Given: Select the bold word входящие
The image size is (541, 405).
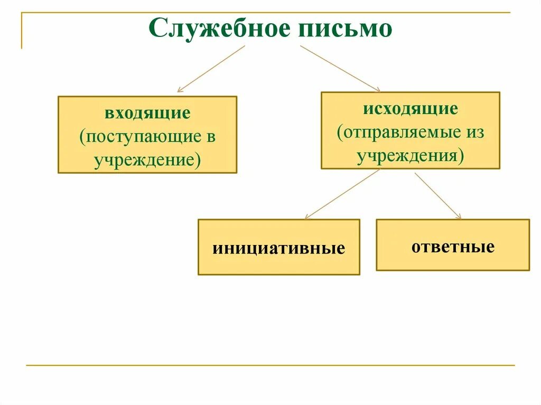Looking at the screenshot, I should (147, 113).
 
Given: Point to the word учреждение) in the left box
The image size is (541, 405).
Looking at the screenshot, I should (147, 159).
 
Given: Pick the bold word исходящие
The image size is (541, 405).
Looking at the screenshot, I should (410, 109).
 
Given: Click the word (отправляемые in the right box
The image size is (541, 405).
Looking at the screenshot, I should (397, 132).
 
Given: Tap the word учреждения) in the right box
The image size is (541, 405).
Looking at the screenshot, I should (410, 156).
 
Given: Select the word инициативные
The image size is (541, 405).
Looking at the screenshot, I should (278, 248).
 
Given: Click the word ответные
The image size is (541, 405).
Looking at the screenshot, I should (453, 246).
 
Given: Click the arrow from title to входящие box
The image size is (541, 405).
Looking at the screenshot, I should (211, 69).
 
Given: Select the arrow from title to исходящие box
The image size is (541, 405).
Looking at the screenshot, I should (340, 68).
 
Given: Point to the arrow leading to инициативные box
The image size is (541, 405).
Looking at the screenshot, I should (342, 194).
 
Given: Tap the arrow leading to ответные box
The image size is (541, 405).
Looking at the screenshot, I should (437, 195).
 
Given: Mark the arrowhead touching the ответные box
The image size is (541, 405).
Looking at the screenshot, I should (459, 216).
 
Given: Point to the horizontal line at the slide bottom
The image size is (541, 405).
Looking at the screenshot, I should (270, 365).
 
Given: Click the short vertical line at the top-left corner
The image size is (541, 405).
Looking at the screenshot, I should (22, 31).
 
